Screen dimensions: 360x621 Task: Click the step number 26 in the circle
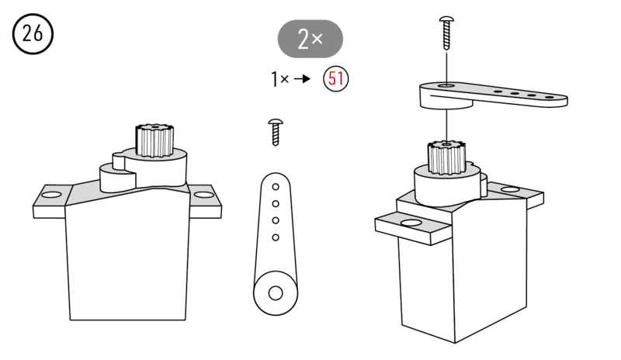tap(33, 34)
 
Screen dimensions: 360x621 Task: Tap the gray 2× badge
tap(310, 39)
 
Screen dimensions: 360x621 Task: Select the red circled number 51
tap(336, 78)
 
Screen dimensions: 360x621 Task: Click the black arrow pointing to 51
tap(307, 78)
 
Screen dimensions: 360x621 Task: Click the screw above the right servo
tap(446, 31)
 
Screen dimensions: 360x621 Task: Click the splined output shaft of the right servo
tap(446, 157)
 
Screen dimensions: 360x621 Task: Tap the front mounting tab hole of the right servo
tap(409, 223)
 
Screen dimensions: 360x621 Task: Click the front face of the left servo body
tap(127, 260)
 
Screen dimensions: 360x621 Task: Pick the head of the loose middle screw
tap(274, 122)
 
